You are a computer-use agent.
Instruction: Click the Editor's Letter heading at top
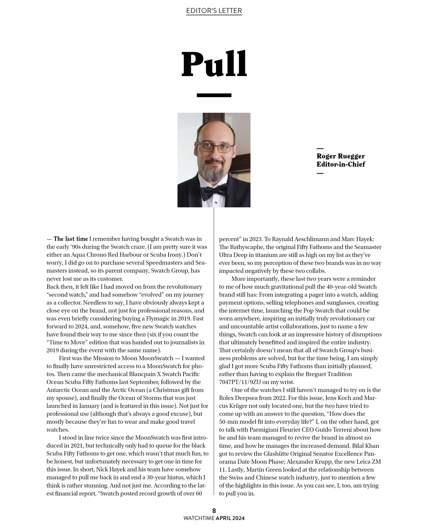pos(214,11)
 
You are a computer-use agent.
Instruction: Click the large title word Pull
pos(214,64)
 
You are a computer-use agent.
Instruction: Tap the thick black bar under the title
pos(214,95)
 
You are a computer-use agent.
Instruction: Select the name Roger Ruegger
pos(340,156)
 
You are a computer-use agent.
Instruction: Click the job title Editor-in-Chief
pos(340,164)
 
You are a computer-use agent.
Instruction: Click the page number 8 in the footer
pos(214,511)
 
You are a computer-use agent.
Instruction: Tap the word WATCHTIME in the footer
pos(199,518)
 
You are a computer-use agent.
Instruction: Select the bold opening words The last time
pos(71,239)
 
